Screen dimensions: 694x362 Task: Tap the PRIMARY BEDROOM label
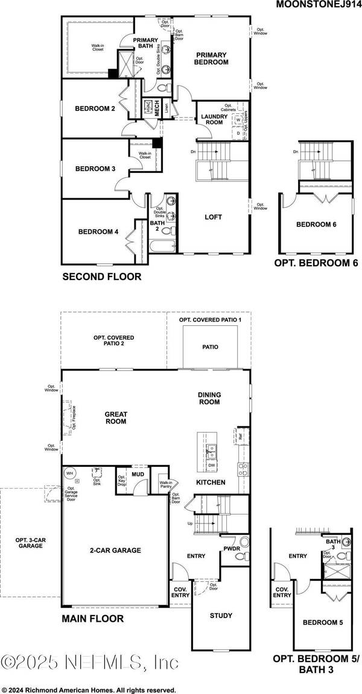tap(211, 58)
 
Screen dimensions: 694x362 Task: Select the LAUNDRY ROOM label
tap(215, 119)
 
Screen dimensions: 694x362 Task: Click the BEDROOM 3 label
tap(95, 169)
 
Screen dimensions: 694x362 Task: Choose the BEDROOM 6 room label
tap(316, 225)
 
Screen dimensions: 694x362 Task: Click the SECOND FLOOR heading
tap(101, 277)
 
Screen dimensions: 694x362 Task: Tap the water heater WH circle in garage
tap(69, 474)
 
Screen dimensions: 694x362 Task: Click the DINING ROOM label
tap(209, 398)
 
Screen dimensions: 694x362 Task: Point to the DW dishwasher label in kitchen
tap(212, 465)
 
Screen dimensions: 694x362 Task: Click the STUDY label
tap(220, 616)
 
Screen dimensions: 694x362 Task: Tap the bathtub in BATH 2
tap(162, 245)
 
